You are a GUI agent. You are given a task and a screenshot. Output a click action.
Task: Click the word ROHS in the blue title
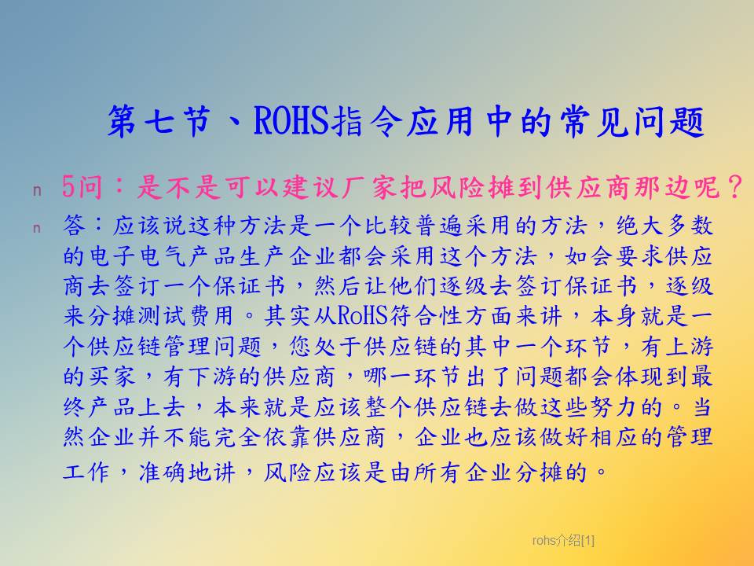pos(291,120)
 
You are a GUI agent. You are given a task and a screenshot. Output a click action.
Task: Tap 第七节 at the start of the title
pos(159,120)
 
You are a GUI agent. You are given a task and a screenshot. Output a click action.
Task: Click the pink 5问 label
pos(82,187)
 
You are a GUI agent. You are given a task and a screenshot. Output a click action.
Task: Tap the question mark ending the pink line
pos(735,187)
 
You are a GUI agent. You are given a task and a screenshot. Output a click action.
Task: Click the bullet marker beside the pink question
pos(37,191)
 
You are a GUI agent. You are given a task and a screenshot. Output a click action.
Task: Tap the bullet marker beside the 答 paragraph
pos(37,228)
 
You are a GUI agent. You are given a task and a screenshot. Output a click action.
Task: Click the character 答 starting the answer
pos(74,226)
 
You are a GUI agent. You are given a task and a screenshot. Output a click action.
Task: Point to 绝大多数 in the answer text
pos(665,226)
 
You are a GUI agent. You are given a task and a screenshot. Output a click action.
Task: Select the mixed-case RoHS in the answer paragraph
pos(363,316)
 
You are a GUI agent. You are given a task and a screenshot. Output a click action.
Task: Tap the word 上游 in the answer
pos(689,347)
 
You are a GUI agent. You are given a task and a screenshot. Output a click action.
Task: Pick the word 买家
pos(112,377)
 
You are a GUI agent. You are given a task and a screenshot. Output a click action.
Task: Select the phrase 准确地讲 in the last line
pos(187,472)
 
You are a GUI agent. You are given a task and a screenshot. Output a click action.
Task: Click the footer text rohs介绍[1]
pos(563,541)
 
